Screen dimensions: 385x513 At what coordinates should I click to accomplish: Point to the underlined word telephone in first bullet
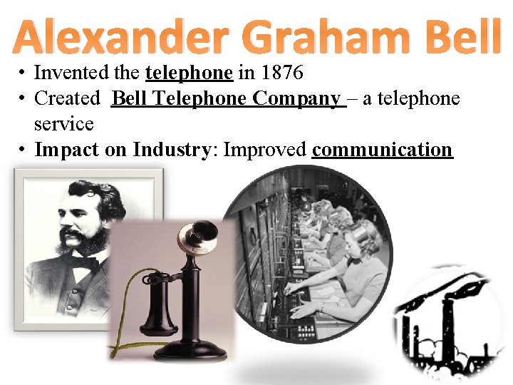coord(189,73)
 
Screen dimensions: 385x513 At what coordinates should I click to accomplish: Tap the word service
coord(63,124)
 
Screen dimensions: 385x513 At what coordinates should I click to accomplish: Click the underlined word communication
coord(382,150)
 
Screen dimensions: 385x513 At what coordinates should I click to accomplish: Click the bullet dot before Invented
coord(24,73)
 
